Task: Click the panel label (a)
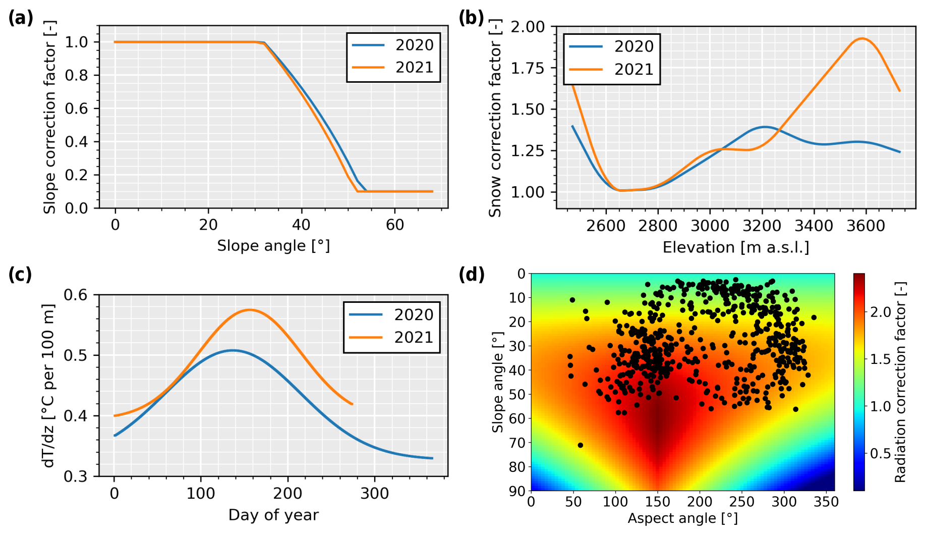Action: tap(21, 18)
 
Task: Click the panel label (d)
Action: tap(472, 275)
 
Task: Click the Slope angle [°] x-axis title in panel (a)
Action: tap(273, 246)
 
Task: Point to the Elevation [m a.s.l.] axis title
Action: tap(735, 247)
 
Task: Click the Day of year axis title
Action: tap(273, 515)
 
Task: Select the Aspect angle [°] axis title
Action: tap(682, 518)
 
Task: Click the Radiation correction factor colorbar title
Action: tap(900, 382)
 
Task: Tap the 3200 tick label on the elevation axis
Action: tap(762, 226)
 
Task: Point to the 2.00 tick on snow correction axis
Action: tap(528, 26)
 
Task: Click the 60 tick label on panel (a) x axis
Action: tap(395, 225)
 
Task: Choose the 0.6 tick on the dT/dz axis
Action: tap(76, 295)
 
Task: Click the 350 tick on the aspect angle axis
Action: tap(826, 502)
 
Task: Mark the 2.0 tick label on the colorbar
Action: tap(880, 312)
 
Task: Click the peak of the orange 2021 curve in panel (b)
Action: tap(861, 38)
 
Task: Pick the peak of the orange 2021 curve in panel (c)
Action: tap(250, 309)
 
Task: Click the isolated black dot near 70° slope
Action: tap(581, 445)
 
